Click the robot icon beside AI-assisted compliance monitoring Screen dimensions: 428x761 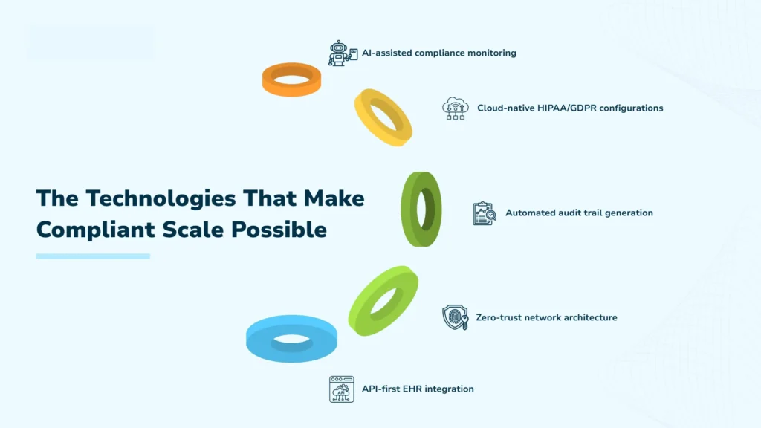(x=339, y=53)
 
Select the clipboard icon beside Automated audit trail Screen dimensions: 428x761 (x=484, y=213)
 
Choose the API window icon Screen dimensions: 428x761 (x=341, y=389)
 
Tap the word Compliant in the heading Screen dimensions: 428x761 (x=88, y=230)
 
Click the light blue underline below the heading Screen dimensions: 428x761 (x=93, y=256)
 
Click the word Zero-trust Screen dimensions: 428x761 (x=499, y=317)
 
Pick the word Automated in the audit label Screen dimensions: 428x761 (x=531, y=213)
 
